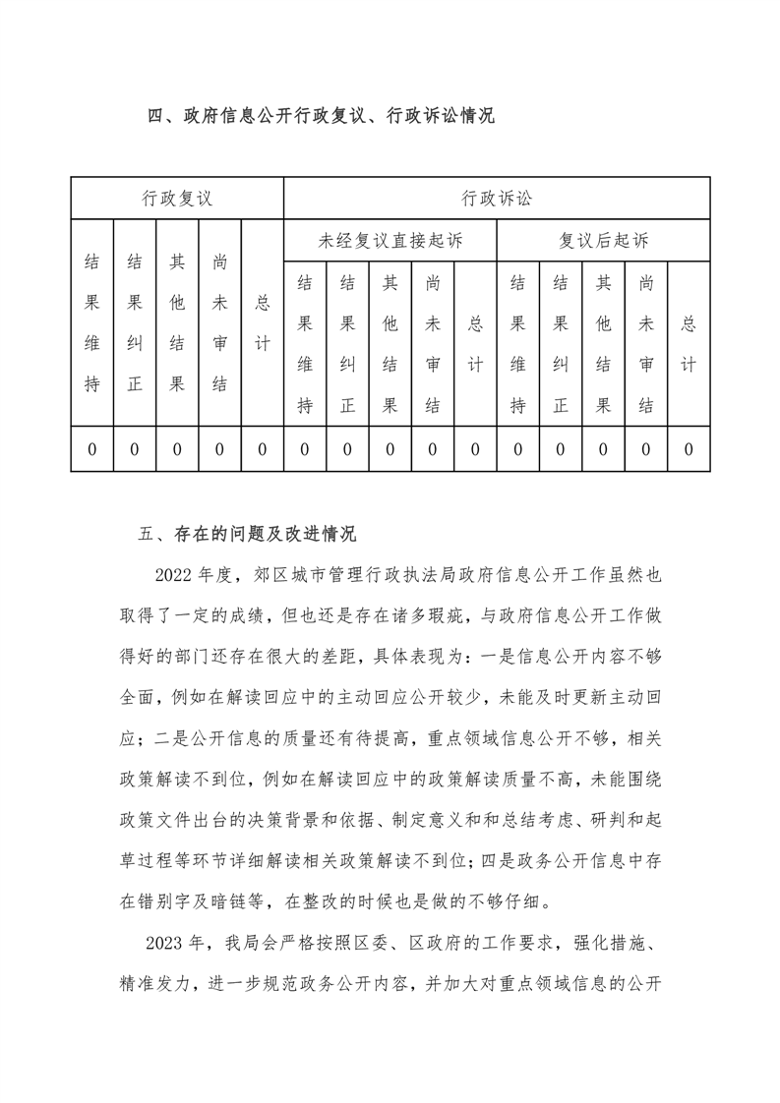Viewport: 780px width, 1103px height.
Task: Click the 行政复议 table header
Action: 177,198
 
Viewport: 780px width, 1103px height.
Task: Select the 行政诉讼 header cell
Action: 497,198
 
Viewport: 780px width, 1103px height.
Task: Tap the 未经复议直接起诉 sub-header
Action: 390,240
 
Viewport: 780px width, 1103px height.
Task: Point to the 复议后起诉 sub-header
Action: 603,240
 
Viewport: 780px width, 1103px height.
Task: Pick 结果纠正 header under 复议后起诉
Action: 561,344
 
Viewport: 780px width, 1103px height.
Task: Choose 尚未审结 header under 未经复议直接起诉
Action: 433,344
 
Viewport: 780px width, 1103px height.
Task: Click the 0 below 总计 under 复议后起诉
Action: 689,449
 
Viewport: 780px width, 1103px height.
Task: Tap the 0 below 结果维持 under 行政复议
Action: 92,449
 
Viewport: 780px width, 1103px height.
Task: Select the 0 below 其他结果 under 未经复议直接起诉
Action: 390,449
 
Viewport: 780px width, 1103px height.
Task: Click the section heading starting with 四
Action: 321,117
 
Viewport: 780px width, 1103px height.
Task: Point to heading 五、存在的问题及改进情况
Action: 248,535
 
